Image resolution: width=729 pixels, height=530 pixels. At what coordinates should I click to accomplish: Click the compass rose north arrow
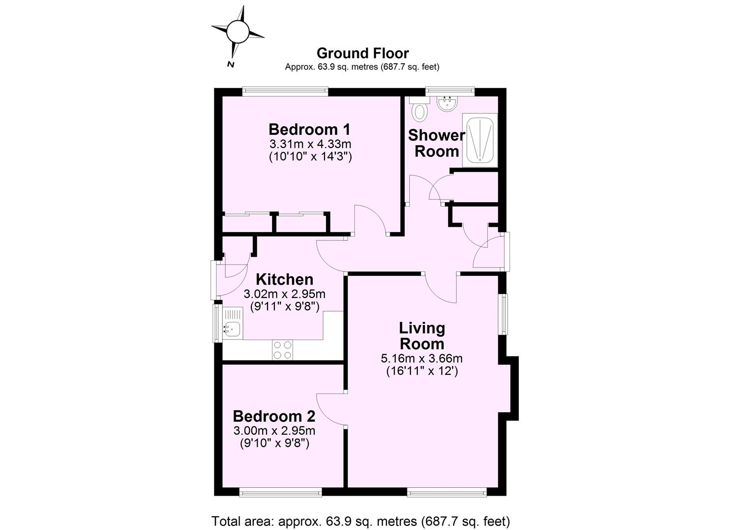click(238, 32)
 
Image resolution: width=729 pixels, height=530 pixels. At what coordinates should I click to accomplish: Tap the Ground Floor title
click(362, 53)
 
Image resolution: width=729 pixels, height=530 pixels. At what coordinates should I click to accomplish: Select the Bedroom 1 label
click(309, 130)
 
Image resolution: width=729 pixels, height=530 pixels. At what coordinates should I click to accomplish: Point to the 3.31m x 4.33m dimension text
click(310, 144)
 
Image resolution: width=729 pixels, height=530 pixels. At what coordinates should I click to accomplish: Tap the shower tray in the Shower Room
click(480, 139)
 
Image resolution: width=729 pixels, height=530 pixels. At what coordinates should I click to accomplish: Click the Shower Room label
click(436, 143)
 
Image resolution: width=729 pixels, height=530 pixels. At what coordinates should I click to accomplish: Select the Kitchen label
click(285, 279)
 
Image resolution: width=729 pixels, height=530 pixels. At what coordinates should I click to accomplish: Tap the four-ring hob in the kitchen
click(282, 350)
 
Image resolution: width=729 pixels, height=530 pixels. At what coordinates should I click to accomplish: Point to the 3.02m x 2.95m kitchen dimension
click(285, 294)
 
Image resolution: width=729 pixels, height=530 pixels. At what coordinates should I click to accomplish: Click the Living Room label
click(422, 336)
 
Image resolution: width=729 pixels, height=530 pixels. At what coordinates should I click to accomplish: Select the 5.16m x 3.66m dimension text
click(422, 359)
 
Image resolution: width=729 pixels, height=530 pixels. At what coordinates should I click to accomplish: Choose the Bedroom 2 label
click(274, 416)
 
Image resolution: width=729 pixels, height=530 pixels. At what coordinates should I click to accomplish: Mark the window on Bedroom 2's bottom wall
click(280, 492)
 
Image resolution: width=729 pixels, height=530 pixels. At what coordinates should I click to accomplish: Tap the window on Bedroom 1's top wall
click(285, 91)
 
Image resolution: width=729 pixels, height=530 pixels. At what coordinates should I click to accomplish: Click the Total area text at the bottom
click(361, 521)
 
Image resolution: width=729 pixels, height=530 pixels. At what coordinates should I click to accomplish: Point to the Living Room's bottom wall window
click(447, 492)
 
